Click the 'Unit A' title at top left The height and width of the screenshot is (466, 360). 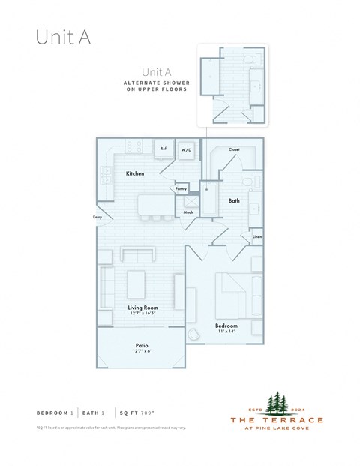coord(63,38)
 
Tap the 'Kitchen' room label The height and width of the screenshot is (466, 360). coord(135,173)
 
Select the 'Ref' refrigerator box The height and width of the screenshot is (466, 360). coord(163,149)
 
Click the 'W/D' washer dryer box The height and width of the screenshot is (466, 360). coord(186,149)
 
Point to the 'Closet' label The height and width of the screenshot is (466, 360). coord(234,149)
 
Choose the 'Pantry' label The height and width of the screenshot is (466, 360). coord(181,188)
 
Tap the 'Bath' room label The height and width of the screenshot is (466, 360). coord(233,200)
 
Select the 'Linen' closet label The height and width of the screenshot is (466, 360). coord(256,237)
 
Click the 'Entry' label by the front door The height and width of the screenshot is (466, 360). coord(97,218)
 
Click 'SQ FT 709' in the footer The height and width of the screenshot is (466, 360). coord(142,413)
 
